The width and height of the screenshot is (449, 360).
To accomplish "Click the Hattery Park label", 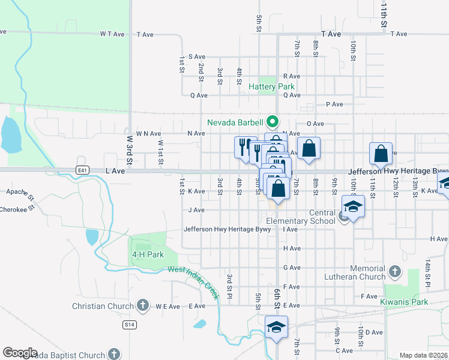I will click(x=271, y=86).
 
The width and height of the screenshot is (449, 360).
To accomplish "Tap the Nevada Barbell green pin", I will click(x=271, y=121).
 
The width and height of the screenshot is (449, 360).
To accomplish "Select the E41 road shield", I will click(x=83, y=170).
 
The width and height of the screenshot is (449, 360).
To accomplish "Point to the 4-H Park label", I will click(x=148, y=254).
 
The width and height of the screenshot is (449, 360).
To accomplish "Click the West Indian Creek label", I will click(x=194, y=280).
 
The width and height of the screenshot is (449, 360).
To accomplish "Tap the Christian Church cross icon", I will click(x=143, y=306).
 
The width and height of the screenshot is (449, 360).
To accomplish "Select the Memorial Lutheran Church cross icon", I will click(x=394, y=272).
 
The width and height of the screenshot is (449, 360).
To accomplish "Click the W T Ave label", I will click(x=112, y=34).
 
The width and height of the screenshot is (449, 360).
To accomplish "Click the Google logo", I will click(x=20, y=353).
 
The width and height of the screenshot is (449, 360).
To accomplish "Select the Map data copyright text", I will click(x=424, y=355).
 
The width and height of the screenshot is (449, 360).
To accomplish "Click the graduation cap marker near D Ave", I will click(x=276, y=327).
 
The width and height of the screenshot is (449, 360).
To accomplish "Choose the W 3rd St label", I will click(x=129, y=149).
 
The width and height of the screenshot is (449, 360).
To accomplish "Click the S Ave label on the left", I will click(x=197, y=56).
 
